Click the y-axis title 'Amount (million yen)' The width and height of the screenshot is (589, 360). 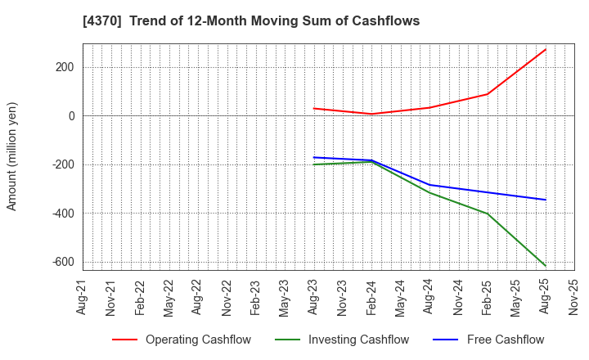[x=12, y=156]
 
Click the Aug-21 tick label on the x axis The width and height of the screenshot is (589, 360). [x=82, y=297]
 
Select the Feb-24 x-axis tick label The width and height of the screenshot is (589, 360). [x=371, y=297]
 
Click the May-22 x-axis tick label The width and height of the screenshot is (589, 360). [x=169, y=297]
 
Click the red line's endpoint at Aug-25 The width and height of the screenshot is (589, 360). [x=545, y=49]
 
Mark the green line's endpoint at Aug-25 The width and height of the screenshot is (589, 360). [x=545, y=265]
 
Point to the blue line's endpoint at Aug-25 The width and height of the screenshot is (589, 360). [x=545, y=200]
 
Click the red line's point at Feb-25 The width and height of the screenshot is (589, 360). [x=487, y=94]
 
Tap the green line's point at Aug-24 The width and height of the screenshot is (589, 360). [x=429, y=192]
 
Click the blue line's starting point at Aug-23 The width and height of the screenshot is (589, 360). [x=313, y=157]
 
